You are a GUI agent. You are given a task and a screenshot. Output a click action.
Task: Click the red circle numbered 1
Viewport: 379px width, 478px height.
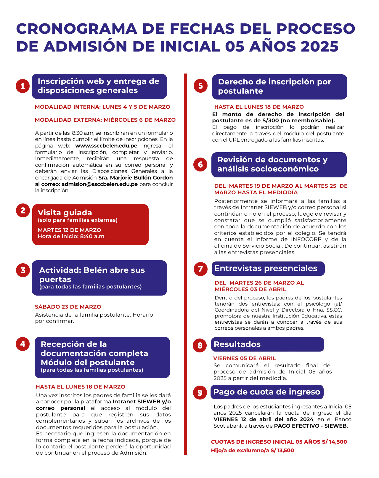(23, 86)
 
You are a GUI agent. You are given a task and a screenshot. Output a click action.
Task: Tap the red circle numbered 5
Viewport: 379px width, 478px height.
(200, 86)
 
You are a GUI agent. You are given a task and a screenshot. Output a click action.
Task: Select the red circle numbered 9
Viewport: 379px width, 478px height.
(200, 392)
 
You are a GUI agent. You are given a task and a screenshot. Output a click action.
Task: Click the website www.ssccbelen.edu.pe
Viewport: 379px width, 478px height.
(106, 146)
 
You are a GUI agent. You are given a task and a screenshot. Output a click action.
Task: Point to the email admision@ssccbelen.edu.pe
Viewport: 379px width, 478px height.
(100, 184)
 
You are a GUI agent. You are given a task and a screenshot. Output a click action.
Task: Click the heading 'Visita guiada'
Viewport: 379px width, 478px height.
(65, 213)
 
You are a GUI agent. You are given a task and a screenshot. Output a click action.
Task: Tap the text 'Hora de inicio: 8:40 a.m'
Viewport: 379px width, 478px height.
(71, 236)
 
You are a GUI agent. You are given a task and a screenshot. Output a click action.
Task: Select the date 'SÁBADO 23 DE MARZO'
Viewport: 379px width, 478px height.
(68, 307)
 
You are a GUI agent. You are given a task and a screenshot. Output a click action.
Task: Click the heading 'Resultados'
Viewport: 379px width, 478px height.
(237, 344)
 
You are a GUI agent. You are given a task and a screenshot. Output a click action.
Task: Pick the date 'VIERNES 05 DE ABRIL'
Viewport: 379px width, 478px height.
(245, 358)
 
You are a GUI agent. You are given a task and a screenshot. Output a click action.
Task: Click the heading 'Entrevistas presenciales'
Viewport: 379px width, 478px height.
(266, 268)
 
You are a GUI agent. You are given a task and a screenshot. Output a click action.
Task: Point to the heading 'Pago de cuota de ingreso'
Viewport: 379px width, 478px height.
(267, 392)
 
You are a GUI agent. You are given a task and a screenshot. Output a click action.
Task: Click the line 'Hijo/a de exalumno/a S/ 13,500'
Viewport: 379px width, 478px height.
(253, 450)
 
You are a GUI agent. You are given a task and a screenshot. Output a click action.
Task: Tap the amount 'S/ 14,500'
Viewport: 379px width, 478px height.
(334, 442)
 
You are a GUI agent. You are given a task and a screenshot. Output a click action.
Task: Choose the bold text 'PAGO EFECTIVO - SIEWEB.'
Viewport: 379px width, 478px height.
(311, 426)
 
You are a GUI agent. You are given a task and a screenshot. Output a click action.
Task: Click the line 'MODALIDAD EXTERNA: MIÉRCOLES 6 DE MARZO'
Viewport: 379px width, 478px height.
(105, 120)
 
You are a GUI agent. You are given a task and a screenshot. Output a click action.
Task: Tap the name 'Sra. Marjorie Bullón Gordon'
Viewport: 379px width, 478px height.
(136, 178)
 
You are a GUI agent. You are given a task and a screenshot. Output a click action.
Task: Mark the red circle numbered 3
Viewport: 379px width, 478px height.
(23, 270)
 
